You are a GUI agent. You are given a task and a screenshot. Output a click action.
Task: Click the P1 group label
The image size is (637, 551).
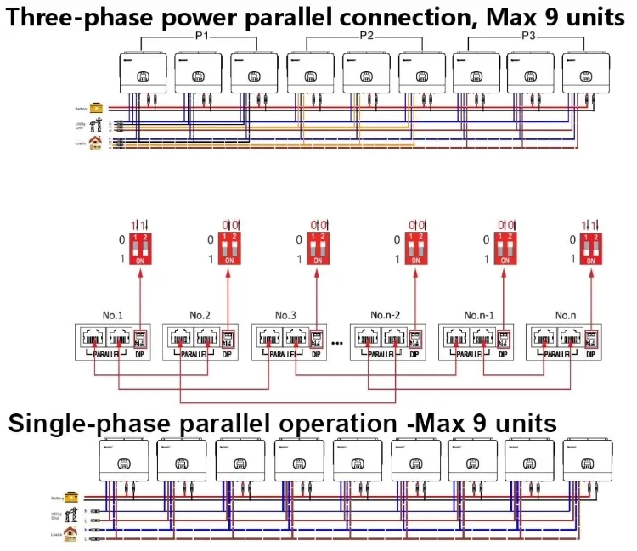(x=200, y=37)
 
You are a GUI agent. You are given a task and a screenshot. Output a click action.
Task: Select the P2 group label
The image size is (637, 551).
(x=366, y=37)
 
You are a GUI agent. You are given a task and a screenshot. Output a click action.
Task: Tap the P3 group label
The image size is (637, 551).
(x=528, y=37)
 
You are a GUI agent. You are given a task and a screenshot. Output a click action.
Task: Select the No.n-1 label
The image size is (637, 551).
(x=480, y=315)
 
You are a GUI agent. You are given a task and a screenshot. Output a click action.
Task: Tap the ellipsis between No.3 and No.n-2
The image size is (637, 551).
(x=337, y=344)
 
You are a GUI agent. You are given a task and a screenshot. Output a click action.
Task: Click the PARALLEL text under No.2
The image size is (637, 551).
(x=194, y=355)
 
